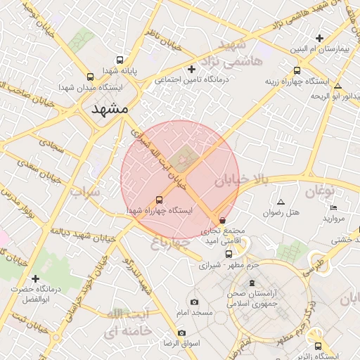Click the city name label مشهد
click(110, 109)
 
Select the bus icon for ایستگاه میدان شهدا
click(90, 77)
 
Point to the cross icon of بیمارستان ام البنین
click(320, 38)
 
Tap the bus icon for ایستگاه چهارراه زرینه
click(297, 70)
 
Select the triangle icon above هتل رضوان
click(281, 202)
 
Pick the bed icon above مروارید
click(333, 207)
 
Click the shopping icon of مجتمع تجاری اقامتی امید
click(223, 220)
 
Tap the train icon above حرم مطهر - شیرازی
click(228, 254)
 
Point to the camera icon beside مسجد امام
click(195, 302)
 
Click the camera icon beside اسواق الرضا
click(182, 333)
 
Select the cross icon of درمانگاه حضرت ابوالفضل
click(35, 278)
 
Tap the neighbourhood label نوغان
click(323, 191)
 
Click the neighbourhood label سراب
click(84, 191)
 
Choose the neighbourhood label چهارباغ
click(171, 243)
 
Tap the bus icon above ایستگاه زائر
click(319, 346)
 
